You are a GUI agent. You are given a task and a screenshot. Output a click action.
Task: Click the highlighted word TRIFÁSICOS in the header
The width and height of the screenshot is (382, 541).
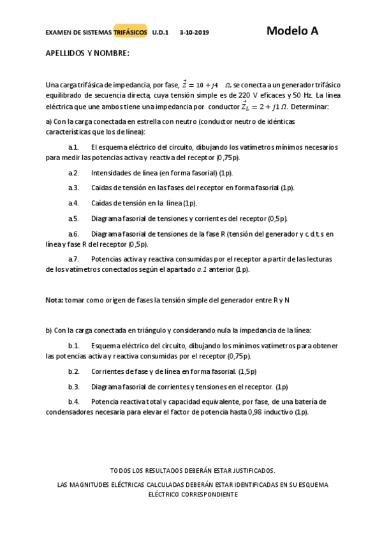pos(130,32)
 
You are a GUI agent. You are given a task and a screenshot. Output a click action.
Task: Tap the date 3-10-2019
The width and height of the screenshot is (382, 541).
pos(195,32)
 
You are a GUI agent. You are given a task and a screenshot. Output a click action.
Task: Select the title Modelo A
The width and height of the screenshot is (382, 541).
pos(292,31)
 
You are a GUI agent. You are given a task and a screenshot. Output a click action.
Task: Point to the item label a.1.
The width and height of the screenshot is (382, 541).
pos(73,147)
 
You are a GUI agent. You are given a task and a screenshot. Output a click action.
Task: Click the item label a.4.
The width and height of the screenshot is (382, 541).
pos(73,203)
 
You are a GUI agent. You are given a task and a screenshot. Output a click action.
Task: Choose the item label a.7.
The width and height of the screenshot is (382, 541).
pos(73,259)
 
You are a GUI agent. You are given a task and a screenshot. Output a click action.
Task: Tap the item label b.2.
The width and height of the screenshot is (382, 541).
pos(73,371)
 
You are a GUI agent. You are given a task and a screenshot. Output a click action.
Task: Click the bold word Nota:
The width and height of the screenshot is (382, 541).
pos(54,299)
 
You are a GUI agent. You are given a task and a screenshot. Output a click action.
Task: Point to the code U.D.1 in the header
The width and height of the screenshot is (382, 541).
pos(161,32)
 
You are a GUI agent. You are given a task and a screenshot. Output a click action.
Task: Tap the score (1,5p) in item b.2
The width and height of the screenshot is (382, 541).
pos(247,371)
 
